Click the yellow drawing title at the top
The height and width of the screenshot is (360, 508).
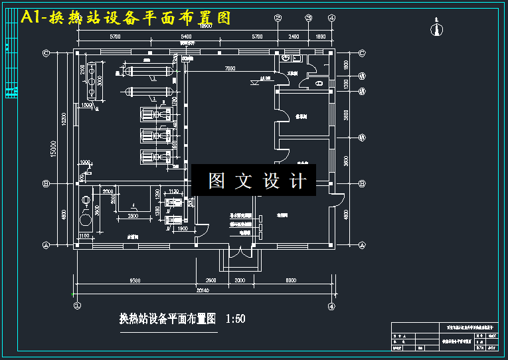(x=126, y=18)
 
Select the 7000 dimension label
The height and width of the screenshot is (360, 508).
(x=230, y=68)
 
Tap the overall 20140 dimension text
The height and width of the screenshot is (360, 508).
(x=204, y=290)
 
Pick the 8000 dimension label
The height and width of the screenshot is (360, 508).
(x=290, y=280)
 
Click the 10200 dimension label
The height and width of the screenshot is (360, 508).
(x=64, y=118)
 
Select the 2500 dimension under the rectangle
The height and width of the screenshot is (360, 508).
(x=133, y=217)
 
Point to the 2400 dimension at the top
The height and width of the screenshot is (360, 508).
(x=294, y=37)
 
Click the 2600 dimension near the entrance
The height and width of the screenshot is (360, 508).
(x=212, y=280)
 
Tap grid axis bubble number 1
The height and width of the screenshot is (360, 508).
(x=77, y=306)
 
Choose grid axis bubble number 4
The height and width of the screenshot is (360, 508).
(x=331, y=306)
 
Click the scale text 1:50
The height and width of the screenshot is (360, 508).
(x=235, y=319)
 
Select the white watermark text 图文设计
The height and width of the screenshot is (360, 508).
(x=256, y=181)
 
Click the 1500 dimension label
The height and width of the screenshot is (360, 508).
(x=86, y=105)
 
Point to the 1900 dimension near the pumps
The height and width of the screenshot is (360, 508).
(x=182, y=228)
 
